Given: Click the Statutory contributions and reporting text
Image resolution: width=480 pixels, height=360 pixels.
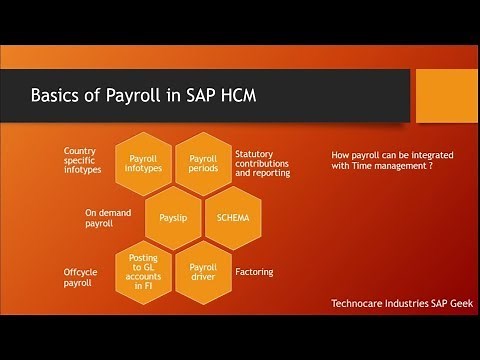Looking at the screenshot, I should coord(262,163).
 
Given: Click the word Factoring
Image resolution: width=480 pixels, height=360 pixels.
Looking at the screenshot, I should coord(253,271).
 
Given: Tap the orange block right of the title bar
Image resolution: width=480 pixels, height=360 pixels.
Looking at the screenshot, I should coord(446,92).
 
